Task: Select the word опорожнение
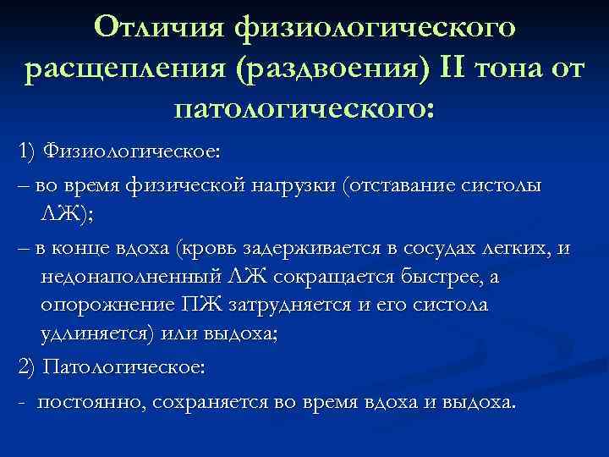110,305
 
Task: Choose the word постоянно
93,402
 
